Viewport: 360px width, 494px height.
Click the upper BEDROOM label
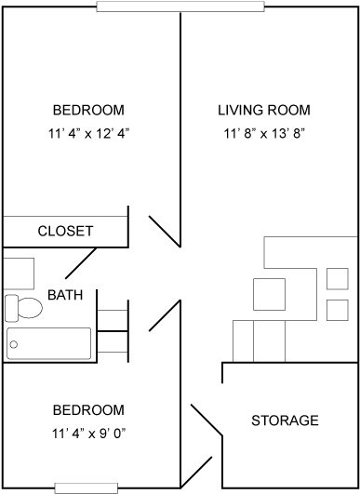[x=88, y=109]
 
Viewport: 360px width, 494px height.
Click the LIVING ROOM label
[x=263, y=109]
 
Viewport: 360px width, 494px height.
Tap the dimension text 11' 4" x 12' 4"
[x=88, y=132]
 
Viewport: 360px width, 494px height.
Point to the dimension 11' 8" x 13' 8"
[x=263, y=132]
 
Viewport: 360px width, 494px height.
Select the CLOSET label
[x=65, y=231]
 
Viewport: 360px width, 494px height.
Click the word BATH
[x=65, y=296]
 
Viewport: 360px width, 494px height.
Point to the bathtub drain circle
[x=13, y=344]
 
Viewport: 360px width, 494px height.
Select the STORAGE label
[x=286, y=421]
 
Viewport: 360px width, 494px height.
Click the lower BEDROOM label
[x=88, y=409]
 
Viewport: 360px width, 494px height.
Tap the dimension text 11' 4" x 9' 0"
[x=88, y=433]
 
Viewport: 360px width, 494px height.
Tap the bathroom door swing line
[x=164, y=316]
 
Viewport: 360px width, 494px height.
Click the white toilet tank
[x=10, y=308]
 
